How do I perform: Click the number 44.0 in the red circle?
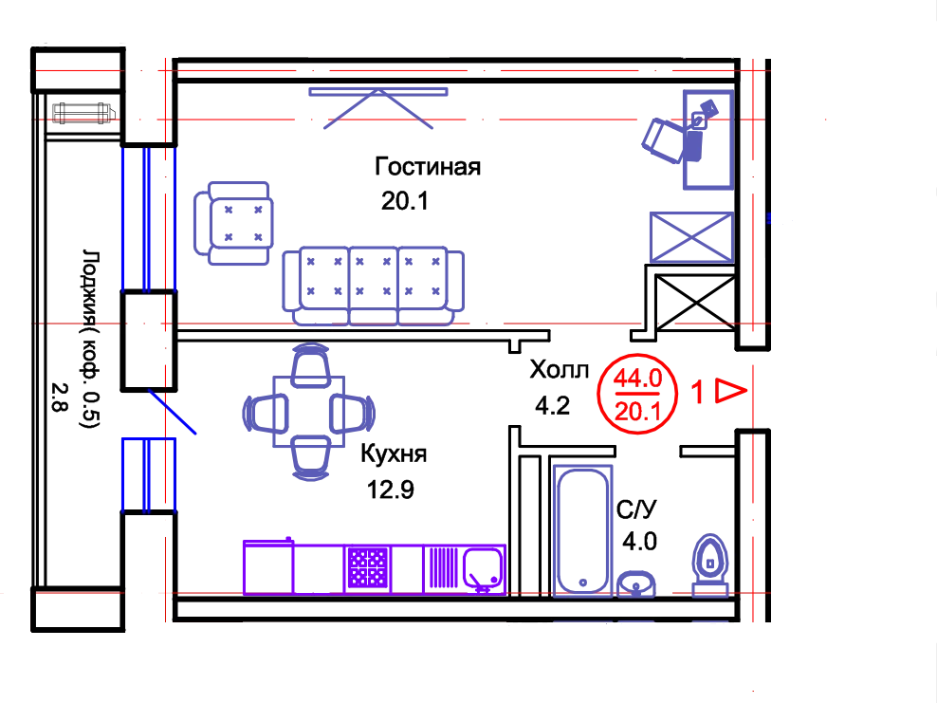point(636,379)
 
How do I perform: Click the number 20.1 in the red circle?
point(636,412)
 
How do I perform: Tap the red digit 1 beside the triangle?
point(698,392)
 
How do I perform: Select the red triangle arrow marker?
point(731,391)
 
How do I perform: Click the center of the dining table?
point(309,413)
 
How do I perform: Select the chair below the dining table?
point(310,463)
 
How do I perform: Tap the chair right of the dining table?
point(358,414)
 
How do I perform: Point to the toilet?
point(709,565)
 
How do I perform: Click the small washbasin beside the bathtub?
point(636,583)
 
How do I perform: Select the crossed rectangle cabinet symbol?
point(690,235)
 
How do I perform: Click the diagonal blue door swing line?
point(173,413)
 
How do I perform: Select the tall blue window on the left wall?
point(146,218)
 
